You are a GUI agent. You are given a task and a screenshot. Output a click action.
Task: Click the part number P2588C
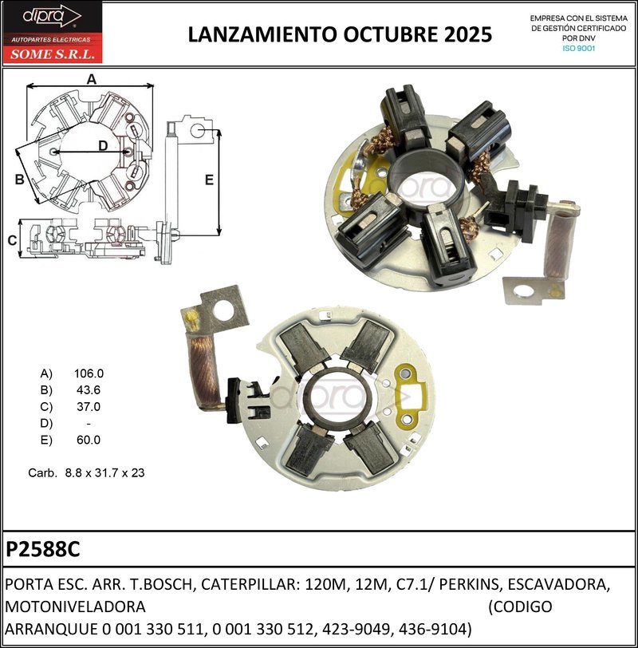[x=43, y=550]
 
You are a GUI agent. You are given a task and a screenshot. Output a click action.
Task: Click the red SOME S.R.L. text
[x=51, y=55]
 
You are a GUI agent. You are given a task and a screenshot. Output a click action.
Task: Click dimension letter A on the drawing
[x=91, y=79]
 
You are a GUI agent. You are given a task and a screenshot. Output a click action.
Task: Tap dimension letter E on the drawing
[x=209, y=180]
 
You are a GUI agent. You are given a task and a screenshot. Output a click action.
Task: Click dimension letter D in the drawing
[x=103, y=145]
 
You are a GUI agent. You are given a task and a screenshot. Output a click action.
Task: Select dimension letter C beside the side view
[x=12, y=240]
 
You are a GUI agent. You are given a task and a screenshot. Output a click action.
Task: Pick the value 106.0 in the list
[x=89, y=373]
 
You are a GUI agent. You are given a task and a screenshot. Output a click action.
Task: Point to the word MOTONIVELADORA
[x=76, y=607]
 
